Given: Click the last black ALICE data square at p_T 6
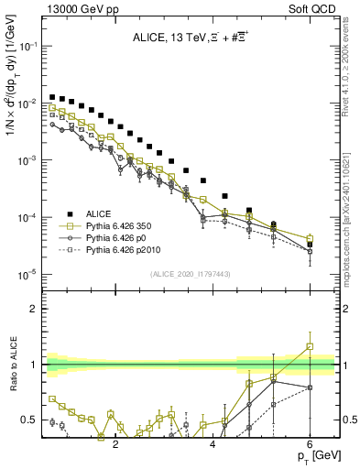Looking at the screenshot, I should tap(310, 245).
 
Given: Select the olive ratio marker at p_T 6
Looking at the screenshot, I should tap(310, 347).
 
